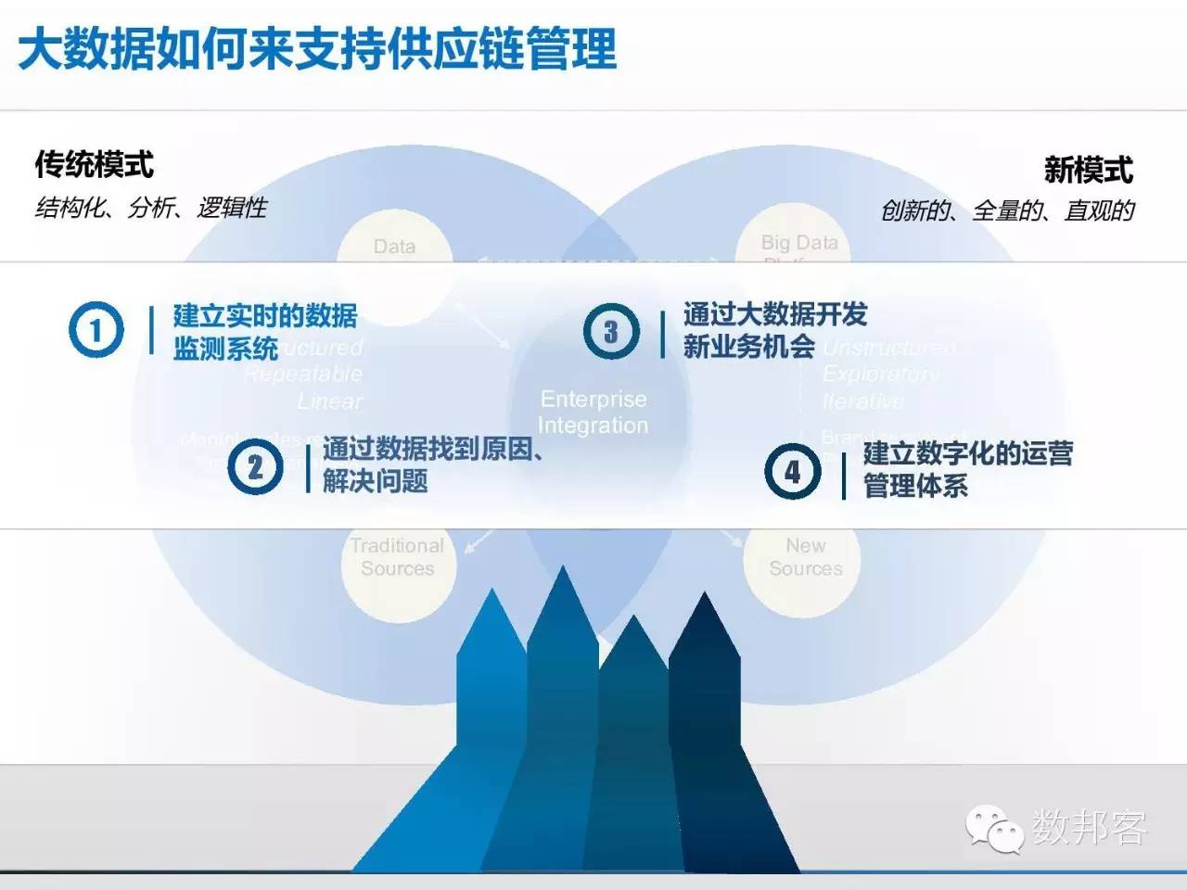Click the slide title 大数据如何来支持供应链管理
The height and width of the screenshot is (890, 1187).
click(317, 49)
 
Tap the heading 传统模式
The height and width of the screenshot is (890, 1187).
click(94, 165)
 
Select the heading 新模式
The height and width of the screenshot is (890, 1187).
click(1088, 170)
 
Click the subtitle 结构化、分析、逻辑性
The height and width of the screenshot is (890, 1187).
click(150, 208)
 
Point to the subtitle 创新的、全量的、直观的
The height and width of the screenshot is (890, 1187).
click(1007, 211)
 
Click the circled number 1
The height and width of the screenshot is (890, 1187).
click(96, 329)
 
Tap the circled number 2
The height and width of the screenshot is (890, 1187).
click(255, 466)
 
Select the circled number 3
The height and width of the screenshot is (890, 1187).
click(610, 331)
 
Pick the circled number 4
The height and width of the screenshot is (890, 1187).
click(792, 471)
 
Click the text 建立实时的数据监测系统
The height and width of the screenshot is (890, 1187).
click(264, 331)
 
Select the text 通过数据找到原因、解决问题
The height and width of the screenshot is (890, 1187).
click(432, 464)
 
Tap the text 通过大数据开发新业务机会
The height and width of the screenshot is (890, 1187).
click(774, 330)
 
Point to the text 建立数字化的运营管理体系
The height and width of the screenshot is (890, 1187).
click(967, 469)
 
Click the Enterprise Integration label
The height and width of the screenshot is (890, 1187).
click(593, 413)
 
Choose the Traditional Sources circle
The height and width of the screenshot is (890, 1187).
click(398, 558)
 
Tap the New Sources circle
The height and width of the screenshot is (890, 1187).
click(805, 558)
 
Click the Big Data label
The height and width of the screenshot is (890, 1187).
click(798, 243)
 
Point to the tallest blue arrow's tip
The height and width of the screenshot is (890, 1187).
click(562, 573)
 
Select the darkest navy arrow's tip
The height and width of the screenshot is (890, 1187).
click(705, 599)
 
